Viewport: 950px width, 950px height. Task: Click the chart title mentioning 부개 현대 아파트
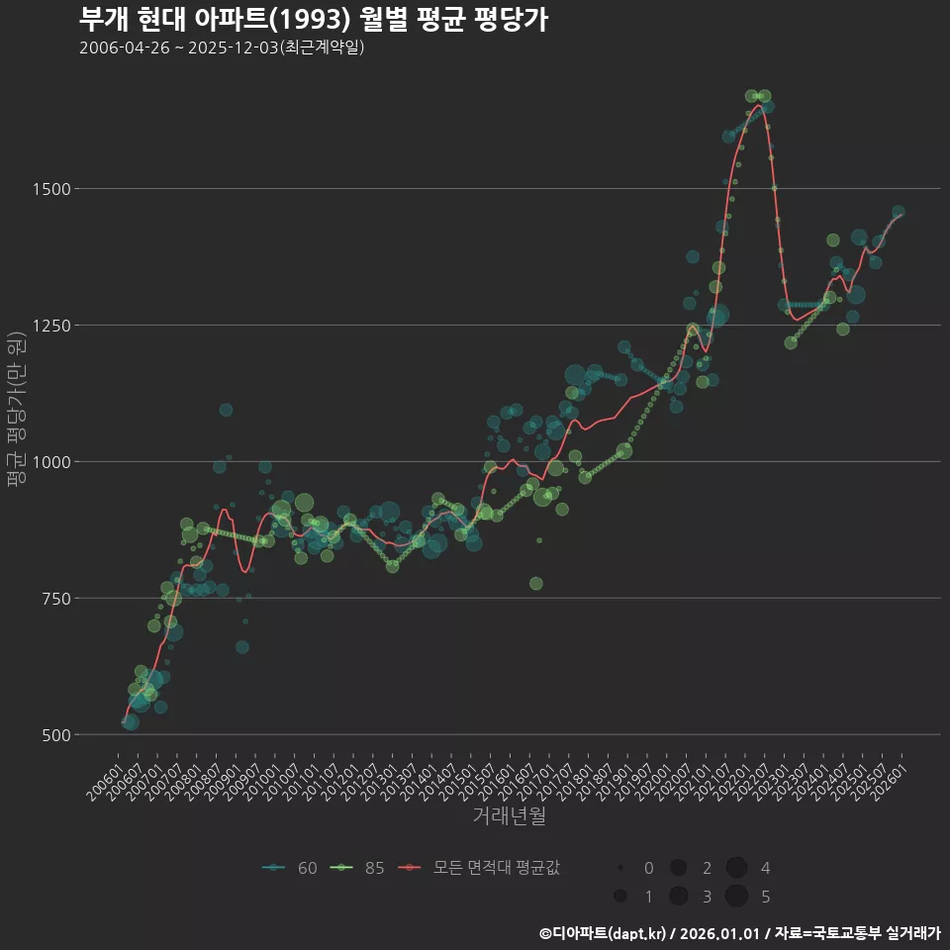pos(313,20)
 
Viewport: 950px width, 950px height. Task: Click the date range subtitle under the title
pos(222,47)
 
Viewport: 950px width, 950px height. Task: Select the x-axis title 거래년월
pos(510,815)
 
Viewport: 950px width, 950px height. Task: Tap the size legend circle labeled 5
pos(736,897)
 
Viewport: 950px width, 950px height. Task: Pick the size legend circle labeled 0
pos(620,868)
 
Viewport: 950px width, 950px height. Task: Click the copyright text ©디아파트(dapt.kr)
pos(604,933)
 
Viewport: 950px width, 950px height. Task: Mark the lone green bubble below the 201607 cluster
pos(536,584)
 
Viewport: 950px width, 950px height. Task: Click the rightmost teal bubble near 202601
pos(899,212)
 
